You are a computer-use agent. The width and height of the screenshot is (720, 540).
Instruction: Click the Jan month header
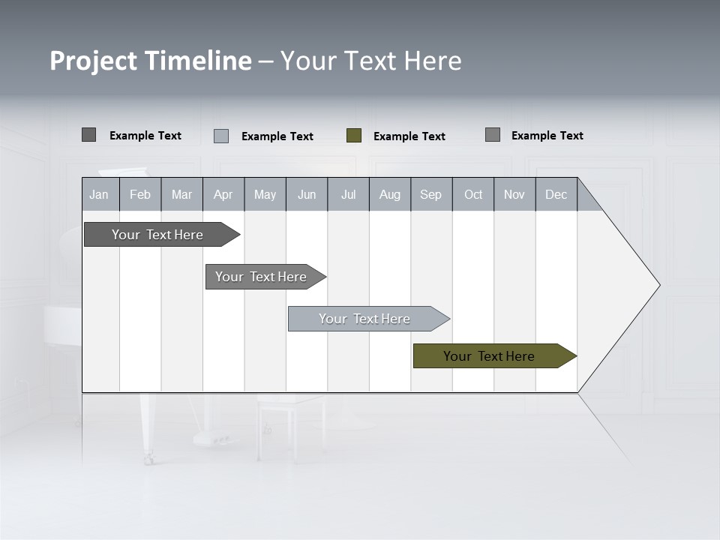(100, 194)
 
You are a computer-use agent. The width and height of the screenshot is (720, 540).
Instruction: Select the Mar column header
(181, 194)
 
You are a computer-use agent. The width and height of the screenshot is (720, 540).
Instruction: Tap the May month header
(265, 194)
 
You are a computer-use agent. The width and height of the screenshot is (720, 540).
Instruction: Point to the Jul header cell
(348, 194)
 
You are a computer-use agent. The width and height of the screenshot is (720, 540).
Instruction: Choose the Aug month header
(390, 194)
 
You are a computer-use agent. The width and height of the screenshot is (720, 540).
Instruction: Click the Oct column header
(473, 194)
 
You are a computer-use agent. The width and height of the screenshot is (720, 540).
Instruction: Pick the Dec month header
(556, 194)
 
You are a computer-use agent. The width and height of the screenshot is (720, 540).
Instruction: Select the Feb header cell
(140, 194)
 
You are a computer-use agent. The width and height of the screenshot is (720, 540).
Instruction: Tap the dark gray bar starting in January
(157, 235)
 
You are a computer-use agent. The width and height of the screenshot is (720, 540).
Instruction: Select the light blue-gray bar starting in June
(364, 319)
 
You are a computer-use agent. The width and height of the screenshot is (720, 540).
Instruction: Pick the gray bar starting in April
(261, 277)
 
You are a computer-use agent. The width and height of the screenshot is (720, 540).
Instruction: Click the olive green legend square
(354, 136)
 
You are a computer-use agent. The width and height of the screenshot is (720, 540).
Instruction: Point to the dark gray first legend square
(88, 135)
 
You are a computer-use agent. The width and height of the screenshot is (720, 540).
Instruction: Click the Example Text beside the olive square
(409, 136)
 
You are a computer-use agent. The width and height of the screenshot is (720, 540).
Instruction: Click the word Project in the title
(93, 61)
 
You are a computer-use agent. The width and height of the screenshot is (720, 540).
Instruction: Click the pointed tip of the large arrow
(658, 285)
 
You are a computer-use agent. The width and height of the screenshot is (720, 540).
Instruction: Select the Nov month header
(514, 194)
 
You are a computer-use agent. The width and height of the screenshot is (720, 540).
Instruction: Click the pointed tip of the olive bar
(574, 356)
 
